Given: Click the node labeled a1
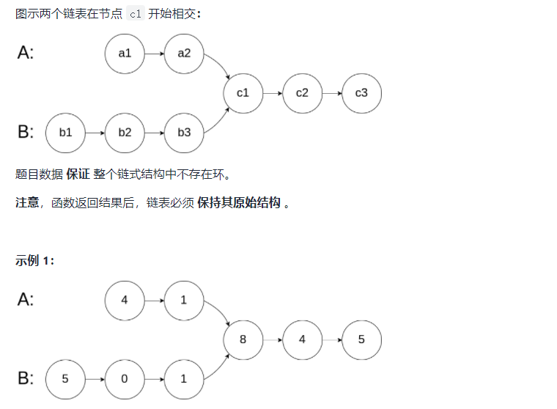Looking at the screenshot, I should coord(125,54).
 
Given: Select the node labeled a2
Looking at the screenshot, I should coord(184,54).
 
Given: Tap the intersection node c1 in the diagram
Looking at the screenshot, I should coord(243,93).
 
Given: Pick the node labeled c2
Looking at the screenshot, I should coord(302,93).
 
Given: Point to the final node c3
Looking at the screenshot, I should coord(361,93).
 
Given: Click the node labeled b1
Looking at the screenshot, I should coord(65,133).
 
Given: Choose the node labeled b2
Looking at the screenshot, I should coord(125,133).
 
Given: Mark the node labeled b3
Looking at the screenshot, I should coord(184,133).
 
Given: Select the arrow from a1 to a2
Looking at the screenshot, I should coord(154,54).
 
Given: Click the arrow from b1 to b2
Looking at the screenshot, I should coord(95,133).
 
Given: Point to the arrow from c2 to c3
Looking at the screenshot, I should coord(331,93).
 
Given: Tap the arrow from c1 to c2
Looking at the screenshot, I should coord(273,93).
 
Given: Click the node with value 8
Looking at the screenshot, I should coord(243,340).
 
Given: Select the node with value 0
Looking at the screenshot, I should coord(125,379).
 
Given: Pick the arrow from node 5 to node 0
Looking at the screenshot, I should coord(95,379).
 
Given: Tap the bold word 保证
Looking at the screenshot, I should coord(78,174).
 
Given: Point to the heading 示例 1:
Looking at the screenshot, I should coord(34,261).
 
